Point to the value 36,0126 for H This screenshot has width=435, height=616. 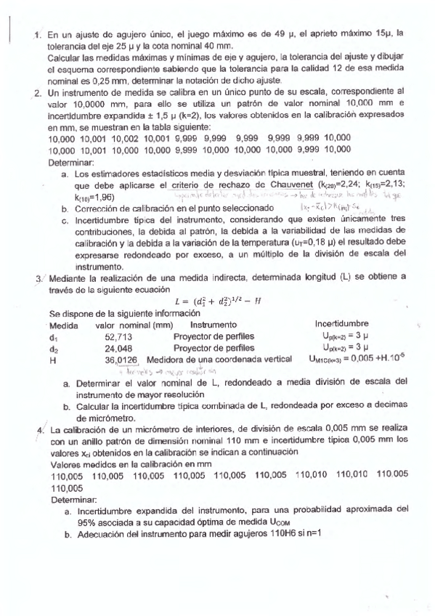(121, 359)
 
